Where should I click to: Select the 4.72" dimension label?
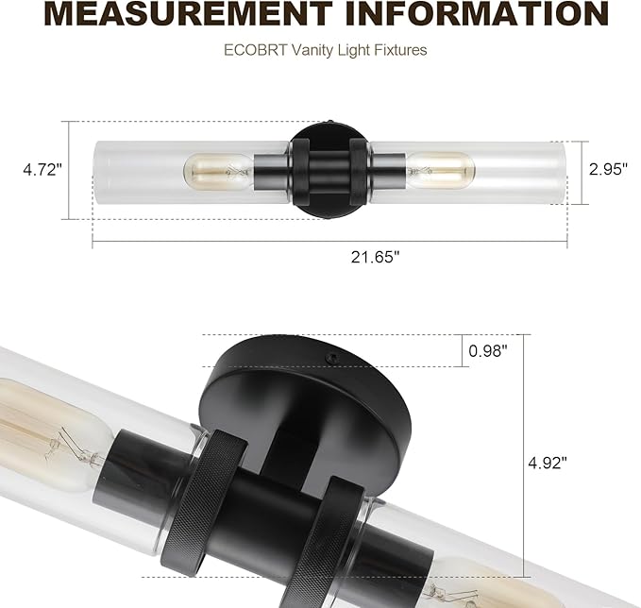(42, 170)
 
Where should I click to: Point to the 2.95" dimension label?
(608, 170)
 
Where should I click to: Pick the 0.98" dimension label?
(488, 350)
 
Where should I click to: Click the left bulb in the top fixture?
(217, 171)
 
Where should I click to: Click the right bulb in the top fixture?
(440, 171)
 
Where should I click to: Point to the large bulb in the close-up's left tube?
(47, 434)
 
